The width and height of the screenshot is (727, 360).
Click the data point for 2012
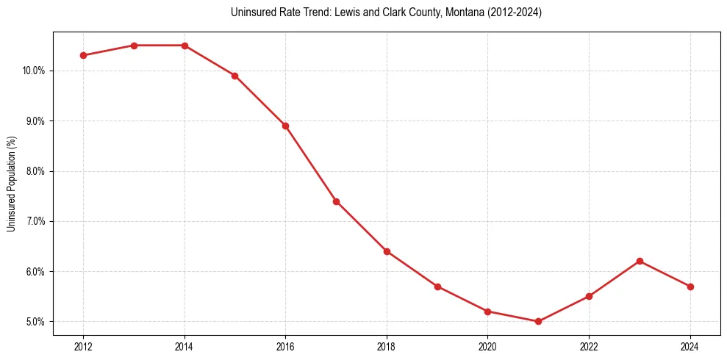tap(83, 55)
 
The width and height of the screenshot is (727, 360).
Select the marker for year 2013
tap(134, 46)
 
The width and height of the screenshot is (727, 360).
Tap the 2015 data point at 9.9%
tap(235, 76)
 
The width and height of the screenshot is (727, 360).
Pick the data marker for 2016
tap(285, 126)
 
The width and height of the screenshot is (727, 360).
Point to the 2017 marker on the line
tap(336, 201)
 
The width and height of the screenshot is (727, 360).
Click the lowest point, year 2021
tap(539, 321)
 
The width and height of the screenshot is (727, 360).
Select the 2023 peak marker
tap(640, 261)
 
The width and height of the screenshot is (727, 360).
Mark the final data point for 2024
tap(691, 287)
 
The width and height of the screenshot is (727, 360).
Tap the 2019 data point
tap(437, 287)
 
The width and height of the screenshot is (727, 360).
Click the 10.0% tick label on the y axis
tap(35, 71)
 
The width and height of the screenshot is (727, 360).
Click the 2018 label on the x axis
tap(387, 346)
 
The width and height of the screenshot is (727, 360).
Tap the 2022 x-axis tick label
tap(590, 346)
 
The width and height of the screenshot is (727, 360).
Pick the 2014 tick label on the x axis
tap(185, 346)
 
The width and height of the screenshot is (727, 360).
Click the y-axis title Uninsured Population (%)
tap(12, 183)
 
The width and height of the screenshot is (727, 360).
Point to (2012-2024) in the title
tap(514, 12)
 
